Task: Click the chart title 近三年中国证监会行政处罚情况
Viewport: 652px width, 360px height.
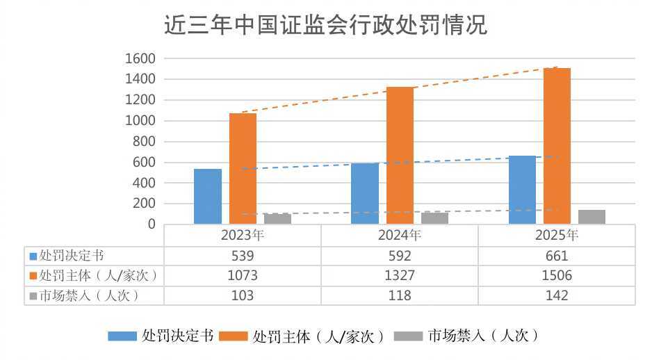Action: pyautogui.click(x=326, y=26)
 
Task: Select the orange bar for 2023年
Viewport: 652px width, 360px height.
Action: pyautogui.click(x=243, y=168)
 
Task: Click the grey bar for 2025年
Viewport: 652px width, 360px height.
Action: pyautogui.click(x=592, y=217)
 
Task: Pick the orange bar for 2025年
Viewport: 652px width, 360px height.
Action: pyautogui.click(x=557, y=146)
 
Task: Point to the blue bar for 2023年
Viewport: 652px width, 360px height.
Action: pyautogui.click(x=208, y=196)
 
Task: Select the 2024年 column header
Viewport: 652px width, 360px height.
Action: pyautogui.click(x=400, y=236)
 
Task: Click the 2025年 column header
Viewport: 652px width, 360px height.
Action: pyautogui.click(x=557, y=236)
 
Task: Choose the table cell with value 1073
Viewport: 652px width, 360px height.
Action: pyautogui.click(x=243, y=275)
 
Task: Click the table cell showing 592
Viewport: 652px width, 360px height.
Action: pyautogui.click(x=400, y=256)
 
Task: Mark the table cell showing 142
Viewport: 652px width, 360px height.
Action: pyautogui.click(x=557, y=295)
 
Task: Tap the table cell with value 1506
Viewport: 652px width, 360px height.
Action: pyautogui.click(x=557, y=275)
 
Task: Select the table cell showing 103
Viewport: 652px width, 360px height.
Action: pyautogui.click(x=243, y=295)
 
